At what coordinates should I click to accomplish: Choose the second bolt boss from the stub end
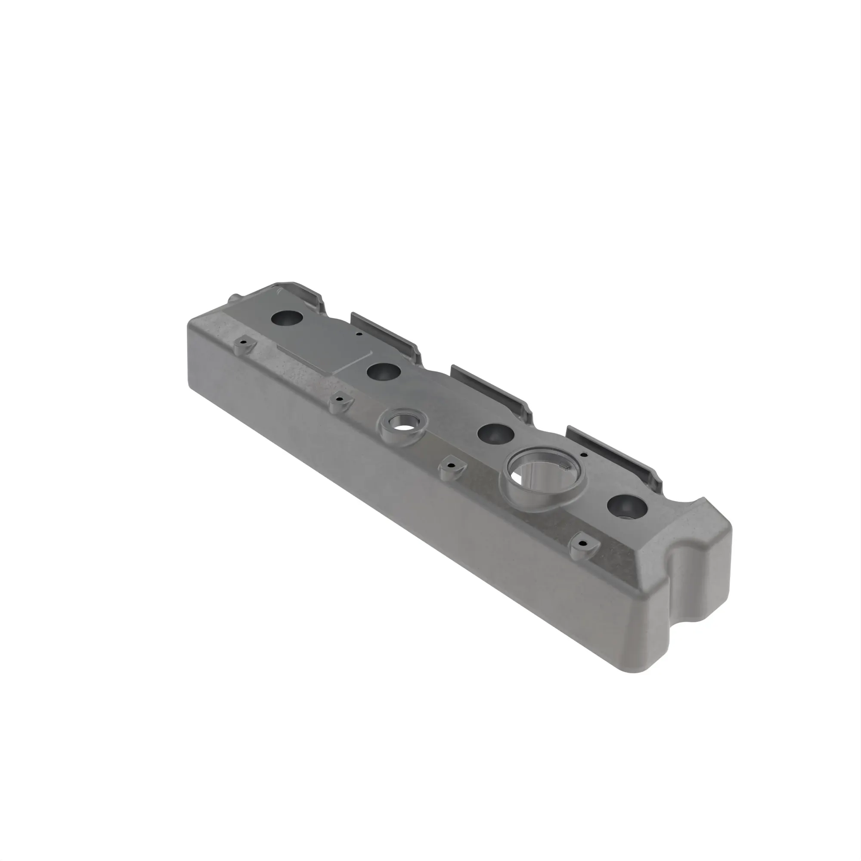[341, 401]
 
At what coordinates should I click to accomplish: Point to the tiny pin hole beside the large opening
[583, 455]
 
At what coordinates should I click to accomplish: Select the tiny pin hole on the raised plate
[358, 333]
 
